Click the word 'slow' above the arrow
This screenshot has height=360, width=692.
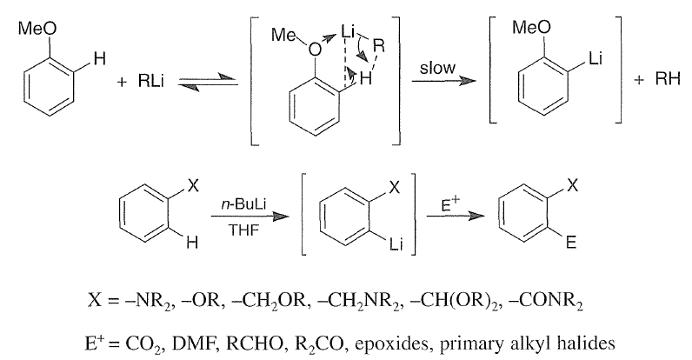coord(437,68)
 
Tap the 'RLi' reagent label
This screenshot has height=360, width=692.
coord(150,81)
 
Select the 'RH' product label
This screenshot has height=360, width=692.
coord(668,79)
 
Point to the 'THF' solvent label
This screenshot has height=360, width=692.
coord(243,230)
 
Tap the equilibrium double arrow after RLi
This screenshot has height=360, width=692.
coord(208,82)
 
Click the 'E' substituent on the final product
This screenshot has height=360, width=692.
coord(571,243)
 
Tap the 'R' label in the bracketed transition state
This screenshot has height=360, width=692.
coord(379,45)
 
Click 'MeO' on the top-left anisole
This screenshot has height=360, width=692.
coord(37,29)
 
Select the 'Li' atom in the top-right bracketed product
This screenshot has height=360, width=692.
coord(596,58)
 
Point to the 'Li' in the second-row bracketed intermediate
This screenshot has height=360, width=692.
coord(396,244)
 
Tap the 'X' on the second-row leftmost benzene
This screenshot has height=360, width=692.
coord(193,187)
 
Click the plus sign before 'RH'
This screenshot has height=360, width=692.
coord(639,80)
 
